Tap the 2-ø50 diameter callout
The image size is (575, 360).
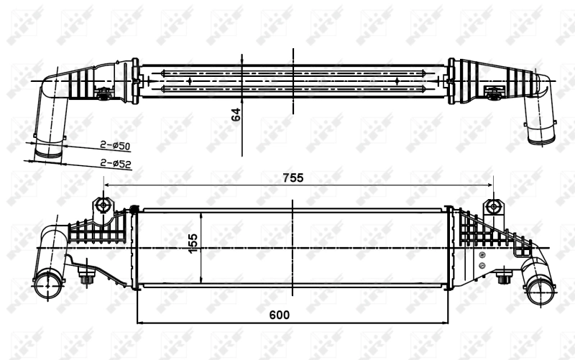coord(115,146)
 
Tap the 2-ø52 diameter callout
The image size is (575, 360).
coord(115,164)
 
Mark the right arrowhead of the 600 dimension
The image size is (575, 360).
coord(444,320)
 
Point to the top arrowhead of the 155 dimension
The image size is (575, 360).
coord(202,214)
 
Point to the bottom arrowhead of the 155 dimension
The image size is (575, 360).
coord(202,282)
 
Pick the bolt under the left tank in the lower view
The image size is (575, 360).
coord(88,278)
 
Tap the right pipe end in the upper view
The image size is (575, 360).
coord(539,137)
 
